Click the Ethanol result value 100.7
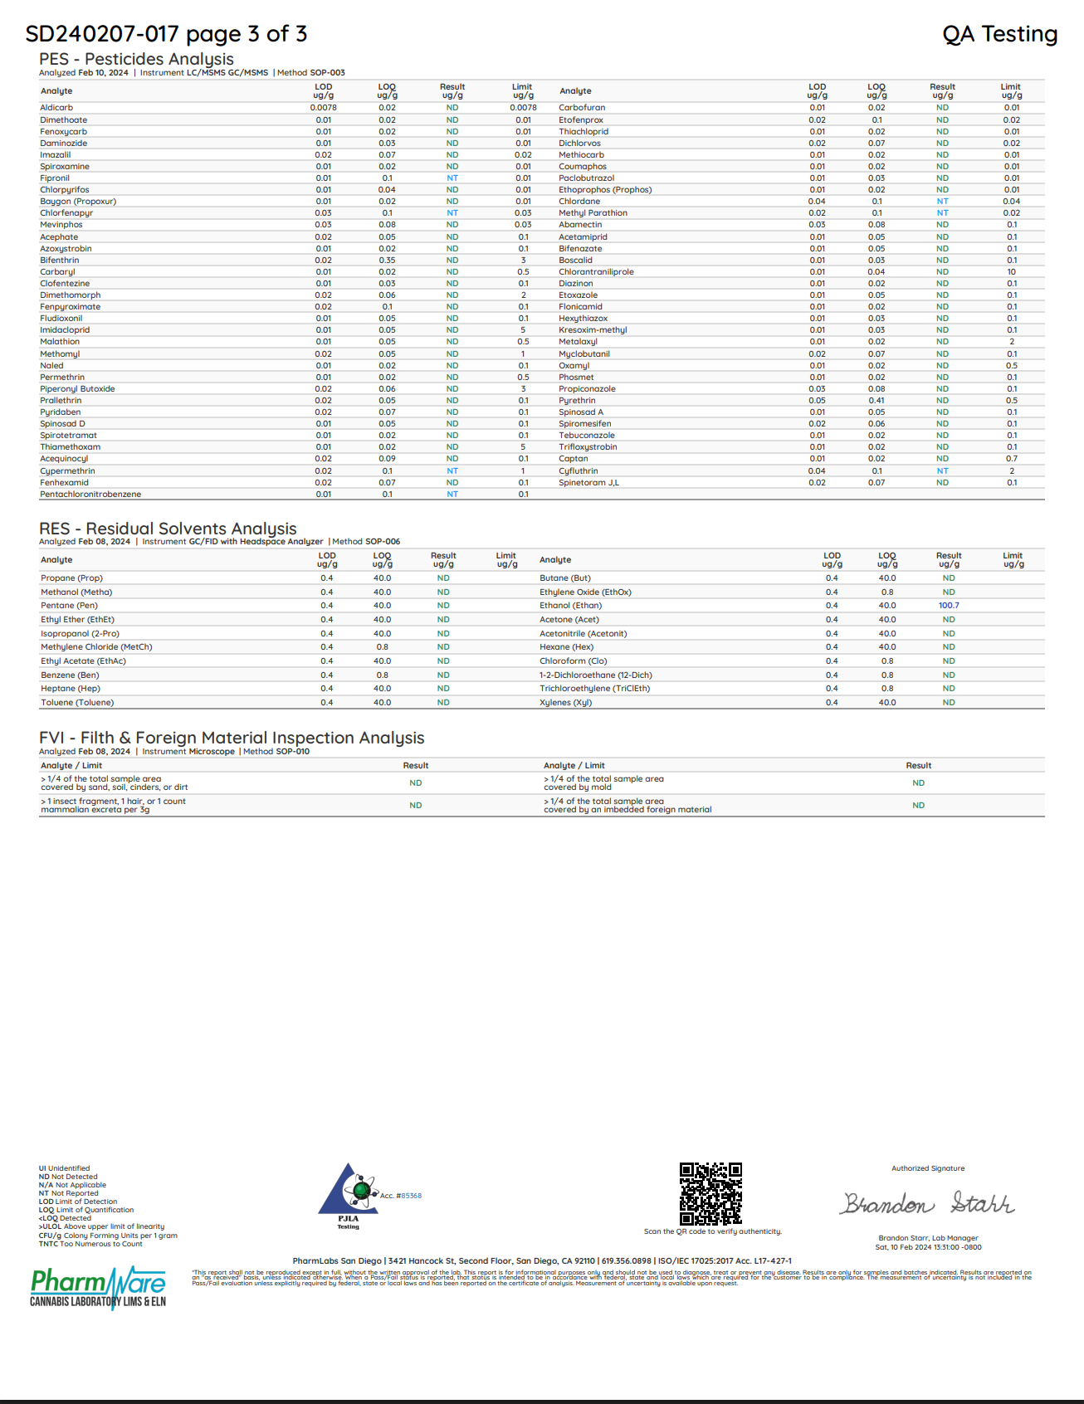949,606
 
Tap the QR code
710,1194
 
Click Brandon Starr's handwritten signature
928,1203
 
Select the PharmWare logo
98,1286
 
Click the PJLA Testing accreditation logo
349,1195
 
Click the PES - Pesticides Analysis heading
136,59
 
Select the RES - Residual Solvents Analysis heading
168,529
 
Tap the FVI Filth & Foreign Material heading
232,738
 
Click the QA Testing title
999,34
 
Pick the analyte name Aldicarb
56,108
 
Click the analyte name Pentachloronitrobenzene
90,495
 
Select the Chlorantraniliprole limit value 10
1012,272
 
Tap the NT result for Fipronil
452,178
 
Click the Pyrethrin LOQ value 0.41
876,401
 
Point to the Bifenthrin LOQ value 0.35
387,261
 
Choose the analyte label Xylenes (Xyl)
565,703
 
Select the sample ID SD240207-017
102,34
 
